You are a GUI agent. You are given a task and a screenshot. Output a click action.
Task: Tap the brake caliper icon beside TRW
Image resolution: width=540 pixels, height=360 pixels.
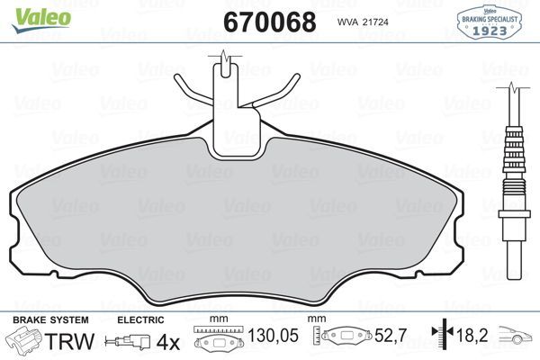(x=24, y=341)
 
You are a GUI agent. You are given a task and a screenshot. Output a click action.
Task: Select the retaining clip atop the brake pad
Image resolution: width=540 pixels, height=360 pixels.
(x=226, y=99)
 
